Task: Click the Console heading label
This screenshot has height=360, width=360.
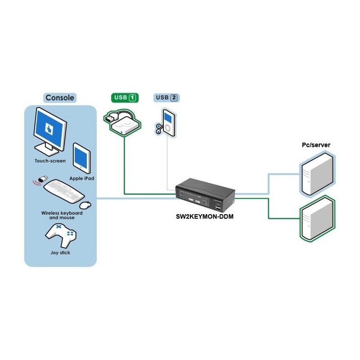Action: pos(60,98)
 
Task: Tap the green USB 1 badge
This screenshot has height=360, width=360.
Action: pos(125,98)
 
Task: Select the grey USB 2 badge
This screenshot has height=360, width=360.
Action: pos(167,98)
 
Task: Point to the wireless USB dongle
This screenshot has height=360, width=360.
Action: pos(42,179)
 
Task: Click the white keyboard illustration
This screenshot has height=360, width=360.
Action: pos(64,191)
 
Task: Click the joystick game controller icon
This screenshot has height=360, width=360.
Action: pos(61,234)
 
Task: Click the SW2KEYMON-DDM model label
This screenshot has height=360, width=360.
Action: pos(205,217)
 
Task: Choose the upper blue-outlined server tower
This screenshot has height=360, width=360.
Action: pos(317,174)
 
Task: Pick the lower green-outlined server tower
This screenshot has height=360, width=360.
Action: pos(317,219)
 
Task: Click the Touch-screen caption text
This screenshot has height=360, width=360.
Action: pos(50,161)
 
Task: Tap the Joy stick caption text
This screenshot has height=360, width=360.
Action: pos(60,252)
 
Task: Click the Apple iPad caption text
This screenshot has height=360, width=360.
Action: pos(81,178)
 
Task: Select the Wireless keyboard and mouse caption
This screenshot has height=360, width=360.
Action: pos(62,215)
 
